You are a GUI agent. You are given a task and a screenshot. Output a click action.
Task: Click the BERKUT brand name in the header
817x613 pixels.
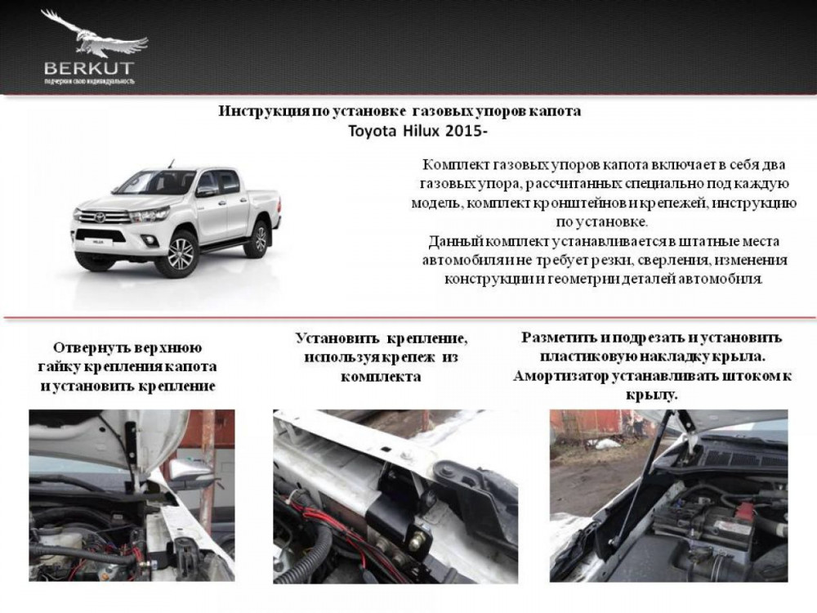click(x=89, y=69)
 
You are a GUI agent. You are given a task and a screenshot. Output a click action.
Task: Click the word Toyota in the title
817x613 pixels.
click(x=373, y=131)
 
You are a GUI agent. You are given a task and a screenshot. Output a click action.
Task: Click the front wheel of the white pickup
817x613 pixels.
click(x=181, y=254)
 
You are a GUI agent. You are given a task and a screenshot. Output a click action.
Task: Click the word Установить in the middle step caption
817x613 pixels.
click(x=337, y=338)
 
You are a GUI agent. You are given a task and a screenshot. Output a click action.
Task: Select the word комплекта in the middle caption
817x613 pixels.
click(x=381, y=377)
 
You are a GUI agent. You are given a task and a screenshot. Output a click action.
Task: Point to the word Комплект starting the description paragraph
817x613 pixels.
click(x=454, y=165)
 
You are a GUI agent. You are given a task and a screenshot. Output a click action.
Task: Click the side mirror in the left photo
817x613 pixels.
click(x=192, y=471)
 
